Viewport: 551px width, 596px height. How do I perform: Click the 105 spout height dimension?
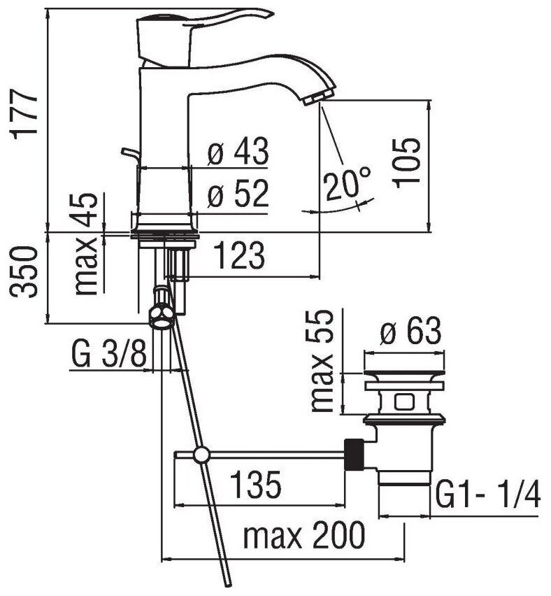click(x=406, y=161)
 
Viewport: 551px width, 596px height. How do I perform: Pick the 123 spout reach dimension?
click(x=239, y=256)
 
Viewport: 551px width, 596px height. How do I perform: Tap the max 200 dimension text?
click(x=303, y=537)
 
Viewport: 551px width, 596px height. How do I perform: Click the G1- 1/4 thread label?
click(x=488, y=497)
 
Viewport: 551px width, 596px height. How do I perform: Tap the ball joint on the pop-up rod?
click(x=202, y=455)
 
